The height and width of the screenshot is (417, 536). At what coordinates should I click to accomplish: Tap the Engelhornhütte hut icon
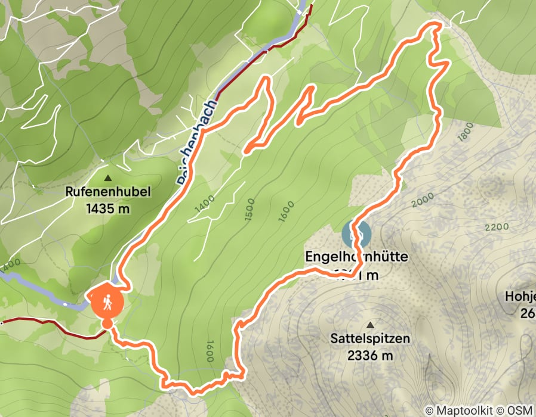[356, 235]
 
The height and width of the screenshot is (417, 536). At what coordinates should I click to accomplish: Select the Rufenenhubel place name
[108, 192]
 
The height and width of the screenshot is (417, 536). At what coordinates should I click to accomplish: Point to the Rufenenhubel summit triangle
[108, 178]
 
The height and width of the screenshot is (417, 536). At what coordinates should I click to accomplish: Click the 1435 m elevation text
[108, 208]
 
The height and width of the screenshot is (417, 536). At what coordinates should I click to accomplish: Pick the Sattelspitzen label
[371, 339]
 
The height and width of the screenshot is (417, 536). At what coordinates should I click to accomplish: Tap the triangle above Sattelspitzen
[371, 325]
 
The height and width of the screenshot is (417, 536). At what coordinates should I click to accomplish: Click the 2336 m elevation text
[371, 356]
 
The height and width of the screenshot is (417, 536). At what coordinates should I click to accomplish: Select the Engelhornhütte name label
[356, 257]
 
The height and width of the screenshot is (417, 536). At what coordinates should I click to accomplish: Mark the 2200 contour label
[496, 227]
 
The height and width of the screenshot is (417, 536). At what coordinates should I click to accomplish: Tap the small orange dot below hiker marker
[107, 323]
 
